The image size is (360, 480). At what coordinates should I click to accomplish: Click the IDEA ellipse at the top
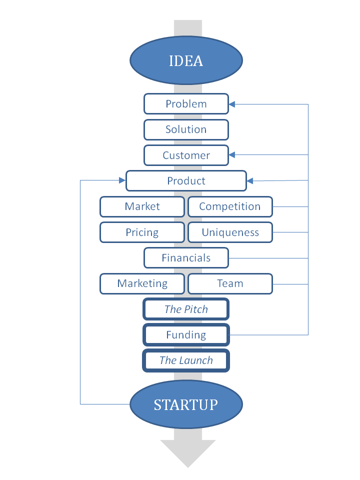pos(186,60)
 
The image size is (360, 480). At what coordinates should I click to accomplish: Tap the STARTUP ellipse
pos(186,404)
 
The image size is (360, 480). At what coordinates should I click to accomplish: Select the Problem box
pos(186,104)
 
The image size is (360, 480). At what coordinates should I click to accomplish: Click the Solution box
pos(186,129)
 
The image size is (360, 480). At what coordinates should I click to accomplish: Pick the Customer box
pos(186,155)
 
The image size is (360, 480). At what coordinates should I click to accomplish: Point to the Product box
pos(186,180)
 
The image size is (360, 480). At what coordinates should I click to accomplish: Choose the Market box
pos(142,206)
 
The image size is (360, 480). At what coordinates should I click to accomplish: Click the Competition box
pos(230,206)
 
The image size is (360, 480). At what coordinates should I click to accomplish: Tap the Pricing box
pos(142,232)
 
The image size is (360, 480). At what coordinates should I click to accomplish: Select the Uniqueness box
pos(230,232)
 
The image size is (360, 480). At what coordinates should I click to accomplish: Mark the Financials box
pos(186,258)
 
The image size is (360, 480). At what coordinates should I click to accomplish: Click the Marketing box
pos(142,284)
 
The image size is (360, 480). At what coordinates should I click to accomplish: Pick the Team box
pos(230,284)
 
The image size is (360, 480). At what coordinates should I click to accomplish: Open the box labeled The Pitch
pos(186,309)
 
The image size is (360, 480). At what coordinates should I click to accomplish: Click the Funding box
pos(186,335)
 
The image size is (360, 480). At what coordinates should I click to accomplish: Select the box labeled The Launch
pos(186,360)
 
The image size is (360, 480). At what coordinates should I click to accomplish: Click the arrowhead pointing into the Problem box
pos(231,104)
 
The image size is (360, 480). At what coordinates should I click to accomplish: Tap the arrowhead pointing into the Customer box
pos(231,155)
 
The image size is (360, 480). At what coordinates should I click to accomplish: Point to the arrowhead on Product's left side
pos(122,180)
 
